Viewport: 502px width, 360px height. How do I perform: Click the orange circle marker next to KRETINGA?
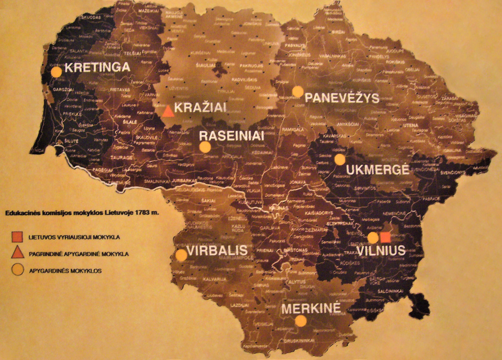click(x=57, y=72)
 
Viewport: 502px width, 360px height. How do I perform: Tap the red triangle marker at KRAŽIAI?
click(x=168, y=111)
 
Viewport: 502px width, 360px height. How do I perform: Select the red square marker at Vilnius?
click(x=385, y=238)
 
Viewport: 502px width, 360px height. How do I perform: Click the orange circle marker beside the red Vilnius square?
click(x=373, y=238)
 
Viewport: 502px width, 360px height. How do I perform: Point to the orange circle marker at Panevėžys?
click(x=298, y=91)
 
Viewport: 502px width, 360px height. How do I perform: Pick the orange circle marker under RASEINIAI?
click(x=205, y=147)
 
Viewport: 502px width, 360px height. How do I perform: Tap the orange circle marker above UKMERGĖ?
click(x=340, y=160)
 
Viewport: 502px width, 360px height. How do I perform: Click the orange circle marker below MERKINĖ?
click(x=301, y=321)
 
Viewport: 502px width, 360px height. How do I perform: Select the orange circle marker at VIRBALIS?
click(x=181, y=255)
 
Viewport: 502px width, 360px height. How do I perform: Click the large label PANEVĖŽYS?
click(x=342, y=98)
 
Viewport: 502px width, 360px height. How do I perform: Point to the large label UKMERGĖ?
click(x=378, y=170)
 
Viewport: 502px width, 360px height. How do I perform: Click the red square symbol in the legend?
click(x=17, y=236)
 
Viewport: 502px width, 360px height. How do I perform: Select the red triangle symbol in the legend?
click(x=17, y=253)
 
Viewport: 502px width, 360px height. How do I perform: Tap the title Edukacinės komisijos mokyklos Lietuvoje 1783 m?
click(x=81, y=213)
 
